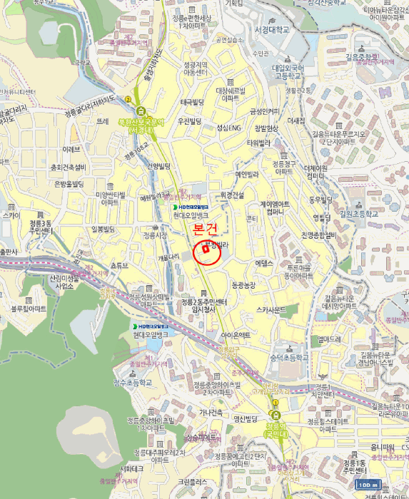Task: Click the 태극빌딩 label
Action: click(x=192, y=102)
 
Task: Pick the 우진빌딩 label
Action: click(x=191, y=121)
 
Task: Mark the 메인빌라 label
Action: click(x=247, y=174)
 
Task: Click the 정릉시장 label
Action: click(x=154, y=234)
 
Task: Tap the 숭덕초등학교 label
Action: click(x=289, y=357)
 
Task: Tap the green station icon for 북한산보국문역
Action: click(x=141, y=111)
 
